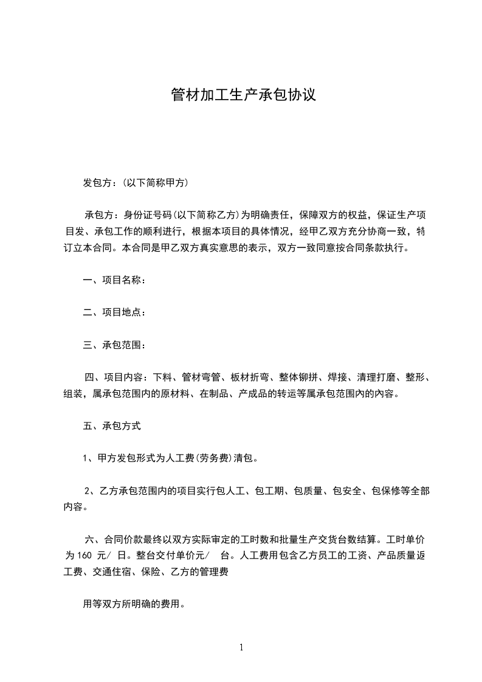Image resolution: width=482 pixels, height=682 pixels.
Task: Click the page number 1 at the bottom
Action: tap(241, 647)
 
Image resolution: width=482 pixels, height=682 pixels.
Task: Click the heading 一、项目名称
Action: tap(112, 280)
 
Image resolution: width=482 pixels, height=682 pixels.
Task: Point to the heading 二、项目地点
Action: tap(112, 312)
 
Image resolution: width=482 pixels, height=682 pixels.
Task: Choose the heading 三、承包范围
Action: tap(112, 345)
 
